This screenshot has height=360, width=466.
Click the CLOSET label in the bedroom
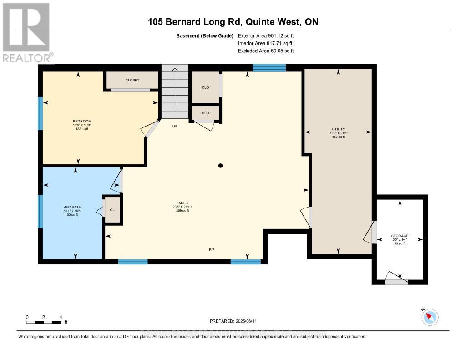(x=132, y=80)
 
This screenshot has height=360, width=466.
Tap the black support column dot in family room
(x=220, y=166)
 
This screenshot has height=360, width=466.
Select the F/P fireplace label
(x=212, y=250)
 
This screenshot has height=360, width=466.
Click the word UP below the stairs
(x=175, y=126)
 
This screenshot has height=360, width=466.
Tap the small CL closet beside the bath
(x=112, y=210)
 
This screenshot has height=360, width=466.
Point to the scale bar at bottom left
(x=44, y=322)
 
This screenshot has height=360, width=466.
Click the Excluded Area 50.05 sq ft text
(x=266, y=51)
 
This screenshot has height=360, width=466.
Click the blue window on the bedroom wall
(x=40, y=113)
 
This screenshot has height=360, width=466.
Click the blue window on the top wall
(x=269, y=68)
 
